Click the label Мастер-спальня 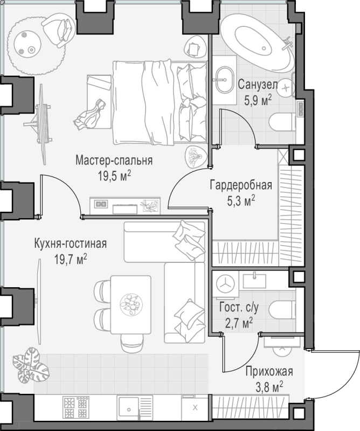(114, 160)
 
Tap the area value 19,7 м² (71, 259)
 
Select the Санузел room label (258, 85)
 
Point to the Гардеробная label (241, 185)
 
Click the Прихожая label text (269, 372)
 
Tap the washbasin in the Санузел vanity (224, 80)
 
